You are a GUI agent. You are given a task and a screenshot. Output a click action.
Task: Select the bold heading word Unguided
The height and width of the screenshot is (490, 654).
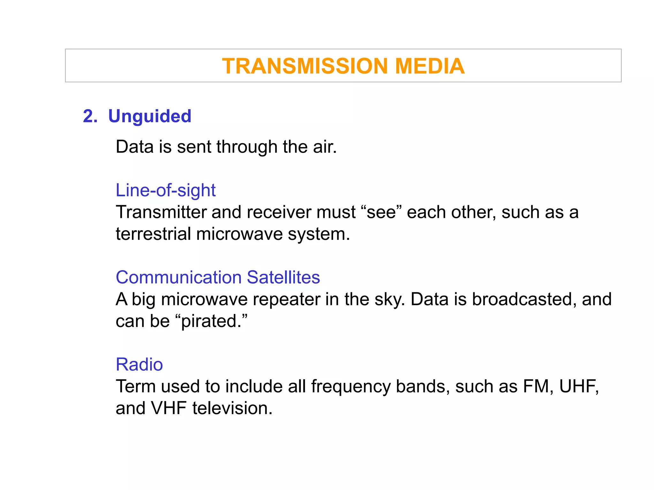pyautogui.click(x=150, y=116)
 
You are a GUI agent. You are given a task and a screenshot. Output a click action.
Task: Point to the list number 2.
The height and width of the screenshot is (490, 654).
pyautogui.click(x=90, y=116)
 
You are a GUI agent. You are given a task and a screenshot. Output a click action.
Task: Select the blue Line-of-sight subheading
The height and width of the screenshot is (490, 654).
pyautogui.click(x=165, y=190)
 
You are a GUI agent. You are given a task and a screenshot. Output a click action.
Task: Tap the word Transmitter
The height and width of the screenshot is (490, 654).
pyautogui.click(x=161, y=212)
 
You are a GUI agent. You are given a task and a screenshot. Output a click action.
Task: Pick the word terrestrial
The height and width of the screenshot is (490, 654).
pyautogui.click(x=153, y=234)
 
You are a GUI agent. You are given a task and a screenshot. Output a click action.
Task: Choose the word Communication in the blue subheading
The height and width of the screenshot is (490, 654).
pyautogui.click(x=179, y=277)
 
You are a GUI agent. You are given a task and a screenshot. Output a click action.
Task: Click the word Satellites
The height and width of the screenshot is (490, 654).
pyautogui.click(x=283, y=277)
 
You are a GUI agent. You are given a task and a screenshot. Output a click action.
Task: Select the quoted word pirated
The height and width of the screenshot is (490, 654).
pyautogui.click(x=211, y=321)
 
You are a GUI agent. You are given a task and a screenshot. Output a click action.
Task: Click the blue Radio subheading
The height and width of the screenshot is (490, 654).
pyautogui.click(x=139, y=364)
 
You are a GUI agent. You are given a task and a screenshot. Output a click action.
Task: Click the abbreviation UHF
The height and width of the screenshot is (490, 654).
pyautogui.click(x=578, y=386)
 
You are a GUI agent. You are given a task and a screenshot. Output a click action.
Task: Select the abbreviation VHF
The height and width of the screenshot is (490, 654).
pyautogui.click(x=169, y=408)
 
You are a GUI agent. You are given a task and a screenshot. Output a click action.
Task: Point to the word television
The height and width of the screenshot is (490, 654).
pyautogui.click(x=232, y=408)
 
